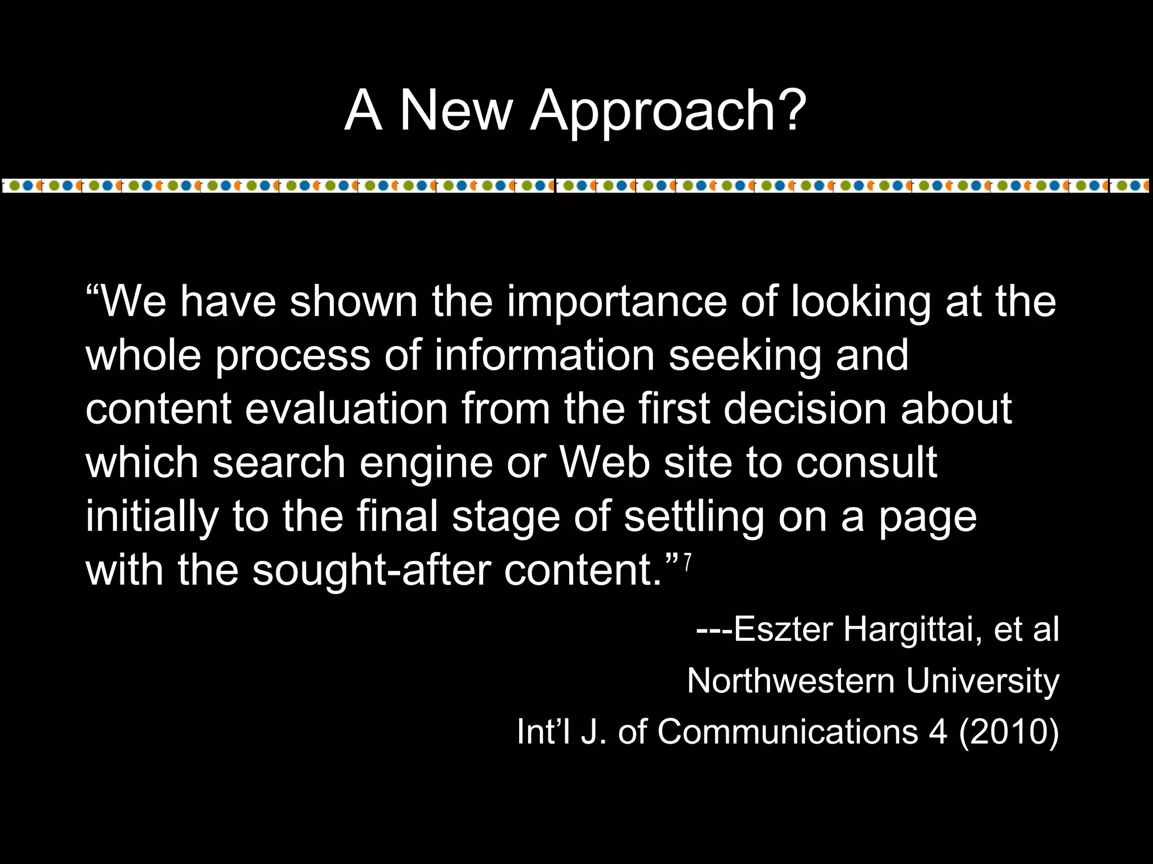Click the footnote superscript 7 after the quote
687,563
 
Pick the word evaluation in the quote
346,409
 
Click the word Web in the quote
604,462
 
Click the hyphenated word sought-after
371,570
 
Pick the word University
982,682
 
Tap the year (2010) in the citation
1008,732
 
